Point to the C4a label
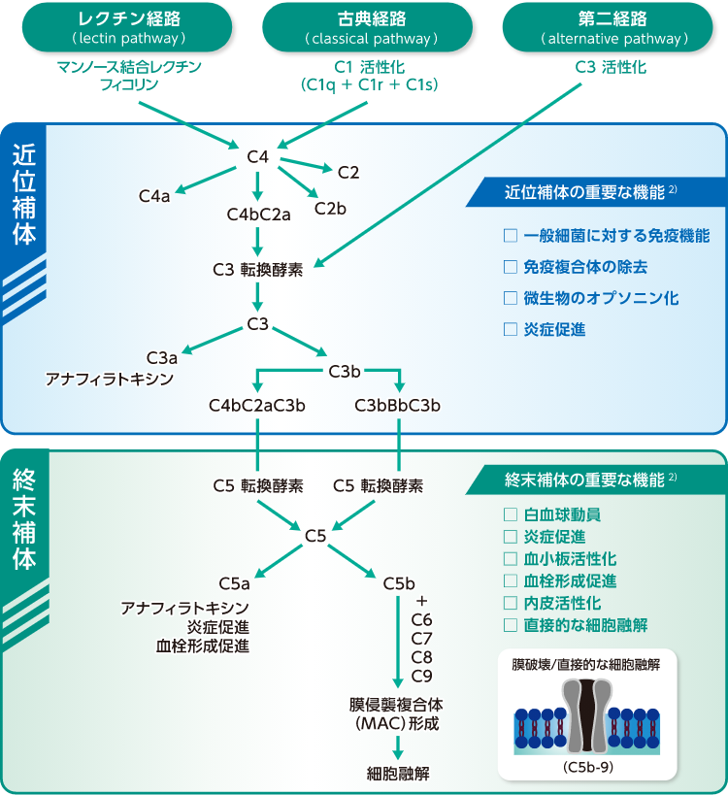pyautogui.click(x=154, y=196)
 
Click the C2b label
pyautogui.click(x=330, y=208)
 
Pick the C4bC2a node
pyautogui.click(x=259, y=215)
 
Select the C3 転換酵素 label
pyautogui.click(x=257, y=269)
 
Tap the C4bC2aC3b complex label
pyautogui.click(x=257, y=405)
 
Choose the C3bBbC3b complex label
pyautogui.click(x=398, y=405)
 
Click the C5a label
pyautogui.click(x=234, y=583)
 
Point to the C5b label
pyautogui.click(x=399, y=583)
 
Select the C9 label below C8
pyautogui.click(x=422, y=676)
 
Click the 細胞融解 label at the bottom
pyautogui.click(x=398, y=774)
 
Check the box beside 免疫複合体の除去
pyautogui.click(x=511, y=267)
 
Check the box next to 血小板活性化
pyautogui.click(x=511, y=559)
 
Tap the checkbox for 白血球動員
pyautogui.click(x=511, y=514)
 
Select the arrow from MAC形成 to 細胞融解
pyautogui.click(x=398, y=746)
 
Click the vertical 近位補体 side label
pyautogui.click(x=24, y=193)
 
